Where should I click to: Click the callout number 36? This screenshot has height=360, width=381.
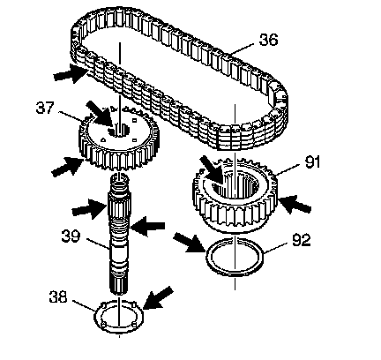tap(268, 40)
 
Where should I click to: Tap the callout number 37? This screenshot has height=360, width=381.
tap(45, 108)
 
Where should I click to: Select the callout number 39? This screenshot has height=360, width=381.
tap(71, 236)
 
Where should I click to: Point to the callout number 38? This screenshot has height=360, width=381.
tap(58, 296)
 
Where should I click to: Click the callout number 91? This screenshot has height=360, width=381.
tap(312, 162)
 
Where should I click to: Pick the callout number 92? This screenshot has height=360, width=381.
tap(302, 240)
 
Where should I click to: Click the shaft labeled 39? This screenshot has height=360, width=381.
tap(119, 234)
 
